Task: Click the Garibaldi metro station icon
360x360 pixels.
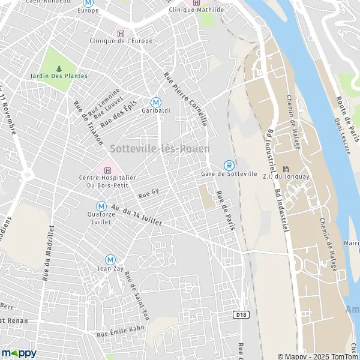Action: (x=156, y=102)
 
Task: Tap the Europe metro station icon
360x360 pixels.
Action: (x=88, y=2)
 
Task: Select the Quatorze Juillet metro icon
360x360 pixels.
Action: (x=101, y=205)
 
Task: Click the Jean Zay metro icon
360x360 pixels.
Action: (x=110, y=259)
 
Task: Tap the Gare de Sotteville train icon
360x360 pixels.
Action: (x=228, y=165)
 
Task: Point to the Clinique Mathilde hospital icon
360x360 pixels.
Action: (x=194, y=2)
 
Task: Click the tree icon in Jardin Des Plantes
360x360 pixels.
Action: (x=59, y=68)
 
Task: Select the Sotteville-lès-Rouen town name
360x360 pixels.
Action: (x=160, y=148)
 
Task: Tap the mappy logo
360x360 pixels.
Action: (x=19, y=353)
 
